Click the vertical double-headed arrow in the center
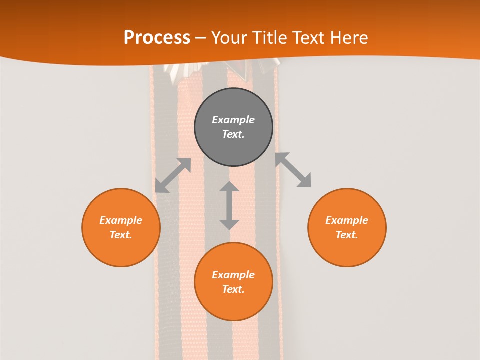point(229,205)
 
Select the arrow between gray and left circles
point(173,175)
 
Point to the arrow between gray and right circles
point(293,170)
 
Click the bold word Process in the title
point(157,38)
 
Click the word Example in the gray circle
point(233,120)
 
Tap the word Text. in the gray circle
point(233,134)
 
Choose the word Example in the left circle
point(121,220)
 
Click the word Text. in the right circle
point(347,235)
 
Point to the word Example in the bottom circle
point(233,275)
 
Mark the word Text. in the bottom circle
point(233,289)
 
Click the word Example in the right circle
point(347,220)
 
